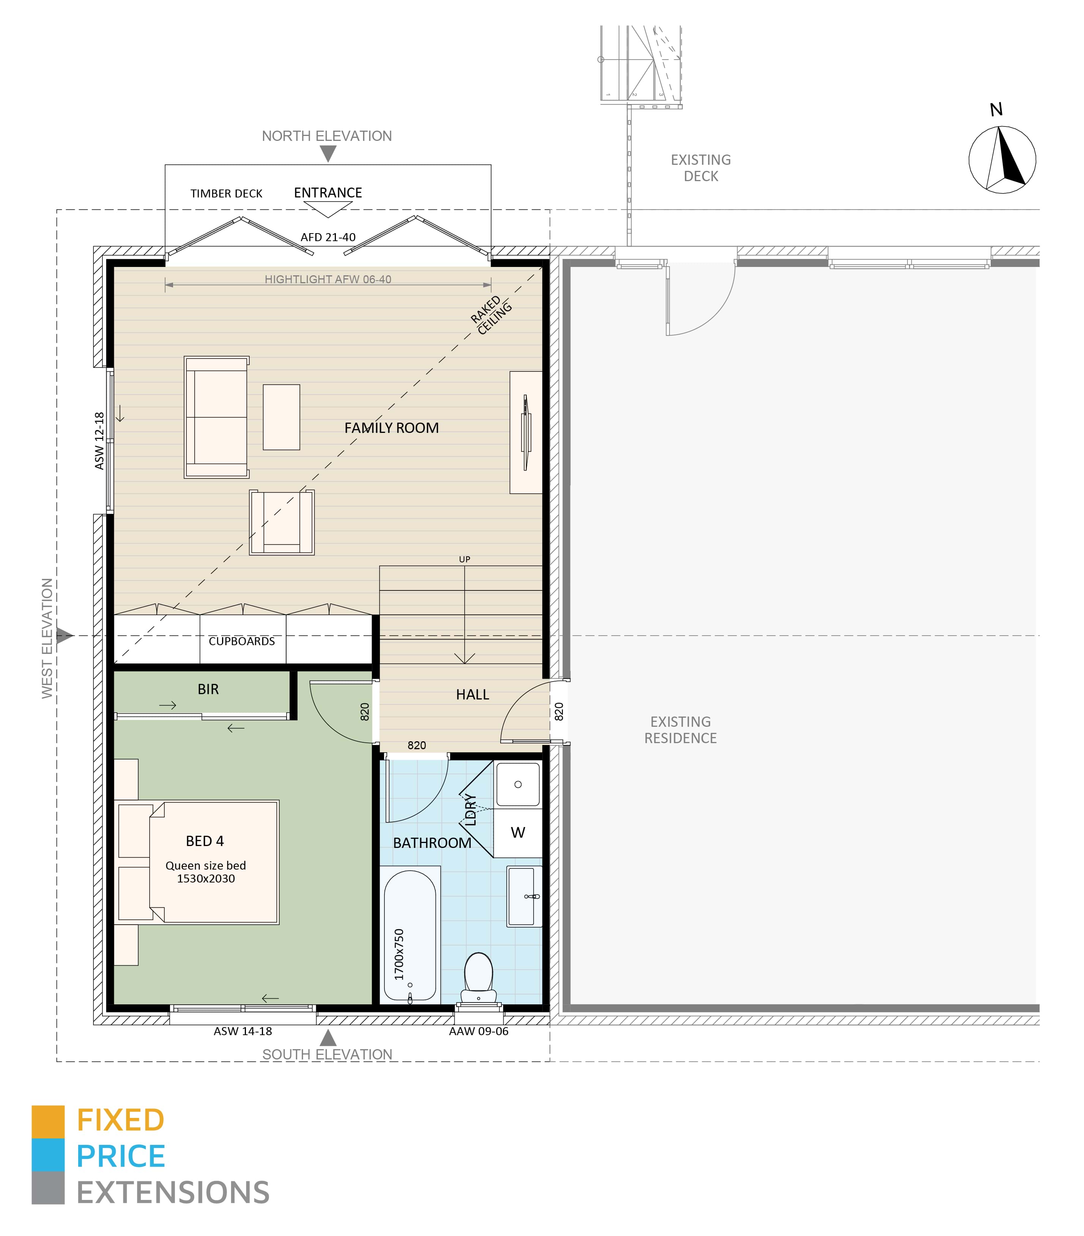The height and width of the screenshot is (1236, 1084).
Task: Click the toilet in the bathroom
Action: coord(478,978)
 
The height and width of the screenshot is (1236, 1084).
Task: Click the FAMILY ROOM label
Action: coord(391,428)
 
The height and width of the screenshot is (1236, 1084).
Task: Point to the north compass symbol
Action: coord(1002,159)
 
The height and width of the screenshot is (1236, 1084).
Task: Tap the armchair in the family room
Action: coord(282,522)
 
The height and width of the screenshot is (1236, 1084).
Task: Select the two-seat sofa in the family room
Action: coord(216,417)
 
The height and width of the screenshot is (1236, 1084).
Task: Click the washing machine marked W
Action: coord(517,833)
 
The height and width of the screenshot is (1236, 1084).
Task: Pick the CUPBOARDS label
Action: coord(241,641)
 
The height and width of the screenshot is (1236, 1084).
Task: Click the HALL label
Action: coord(472,695)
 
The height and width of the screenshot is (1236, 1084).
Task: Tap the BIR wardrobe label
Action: coord(208,689)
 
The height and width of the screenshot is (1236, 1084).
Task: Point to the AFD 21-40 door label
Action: coord(328,237)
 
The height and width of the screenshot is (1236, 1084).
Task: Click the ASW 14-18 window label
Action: coord(243,1031)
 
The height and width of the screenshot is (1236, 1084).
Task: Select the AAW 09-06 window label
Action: coord(478,1031)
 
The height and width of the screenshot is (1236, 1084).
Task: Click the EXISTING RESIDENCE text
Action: coord(680,730)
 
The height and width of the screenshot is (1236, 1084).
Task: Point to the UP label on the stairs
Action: coord(464,559)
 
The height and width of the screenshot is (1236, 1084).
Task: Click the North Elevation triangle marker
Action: coord(328,153)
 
